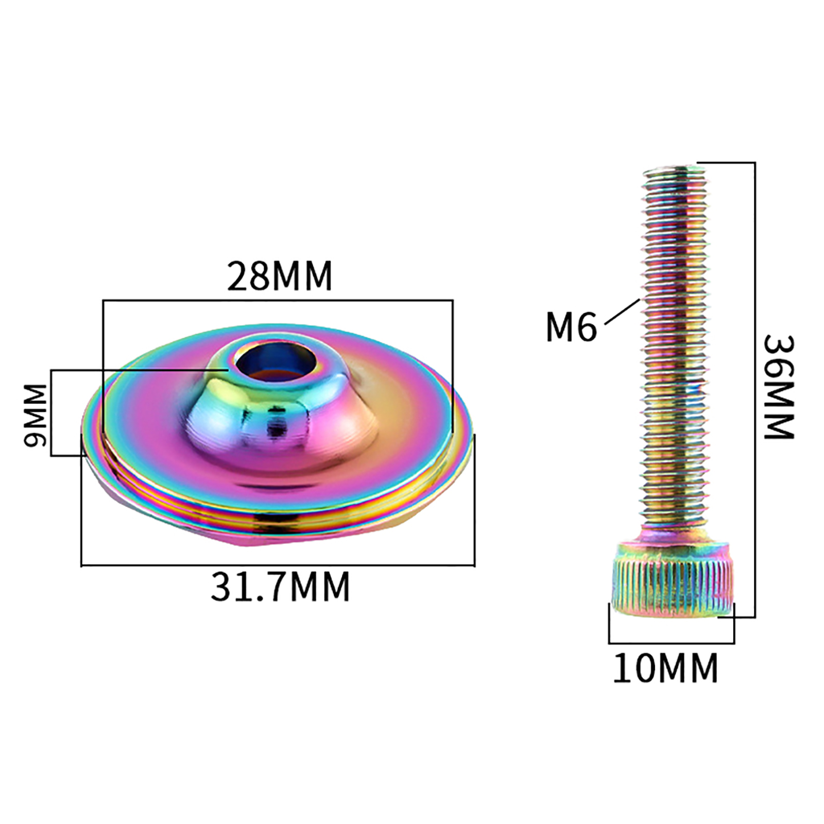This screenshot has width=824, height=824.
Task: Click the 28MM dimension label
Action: [x=280, y=276]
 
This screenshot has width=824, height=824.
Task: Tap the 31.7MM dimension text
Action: [x=280, y=586]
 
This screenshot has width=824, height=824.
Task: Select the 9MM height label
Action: [x=36, y=415]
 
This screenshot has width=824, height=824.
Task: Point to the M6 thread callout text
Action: [x=571, y=328]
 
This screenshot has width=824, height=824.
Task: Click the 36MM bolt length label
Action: [x=779, y=387]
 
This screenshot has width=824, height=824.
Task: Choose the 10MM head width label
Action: [x=665, y=668]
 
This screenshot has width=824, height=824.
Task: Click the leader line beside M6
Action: [x=622, y=312]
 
